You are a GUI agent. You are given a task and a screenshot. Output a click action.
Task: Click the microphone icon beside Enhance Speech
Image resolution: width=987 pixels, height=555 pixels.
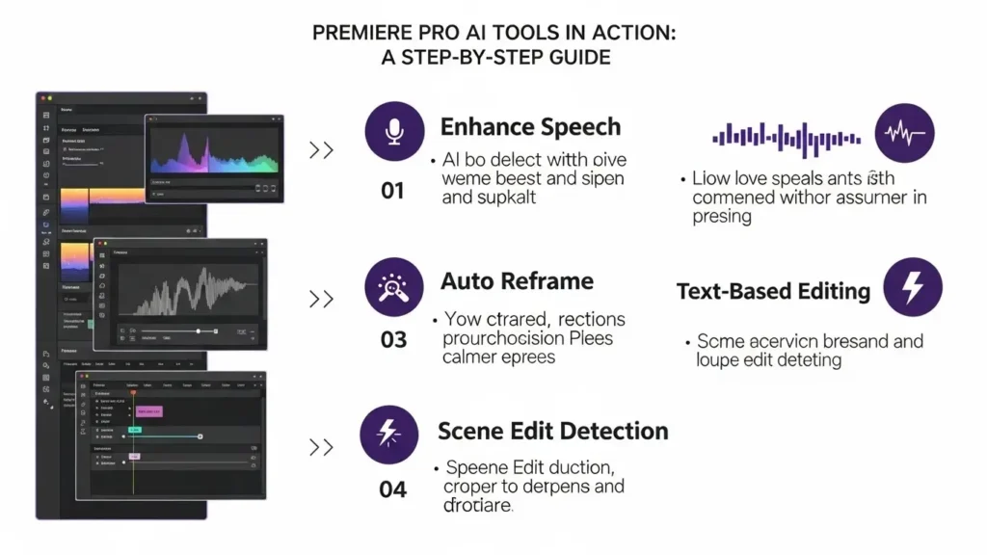coord(393,133)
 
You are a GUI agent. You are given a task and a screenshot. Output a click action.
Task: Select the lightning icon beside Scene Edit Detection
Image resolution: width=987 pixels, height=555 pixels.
coord(388,434)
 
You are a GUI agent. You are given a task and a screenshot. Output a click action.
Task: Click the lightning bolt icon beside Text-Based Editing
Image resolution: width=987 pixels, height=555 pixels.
coord(911,286)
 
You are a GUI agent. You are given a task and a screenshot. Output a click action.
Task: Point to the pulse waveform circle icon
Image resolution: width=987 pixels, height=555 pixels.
coord(905,134)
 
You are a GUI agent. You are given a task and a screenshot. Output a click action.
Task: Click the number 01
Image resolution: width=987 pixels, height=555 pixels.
coord(392,191)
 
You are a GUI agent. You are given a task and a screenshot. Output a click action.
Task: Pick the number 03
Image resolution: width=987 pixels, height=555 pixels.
coord(393,340)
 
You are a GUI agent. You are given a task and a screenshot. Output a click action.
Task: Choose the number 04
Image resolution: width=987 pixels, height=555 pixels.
coord(392,489)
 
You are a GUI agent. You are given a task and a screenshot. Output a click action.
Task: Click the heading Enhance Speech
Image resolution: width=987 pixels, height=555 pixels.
coord(530,127)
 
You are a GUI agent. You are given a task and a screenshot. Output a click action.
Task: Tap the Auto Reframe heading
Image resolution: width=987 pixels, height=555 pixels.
coord(517,281)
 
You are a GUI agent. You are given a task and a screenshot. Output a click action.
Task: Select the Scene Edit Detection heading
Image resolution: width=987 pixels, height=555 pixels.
coord(552,430)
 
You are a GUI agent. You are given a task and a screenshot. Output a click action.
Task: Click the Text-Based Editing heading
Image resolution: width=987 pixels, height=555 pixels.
coord(773,291)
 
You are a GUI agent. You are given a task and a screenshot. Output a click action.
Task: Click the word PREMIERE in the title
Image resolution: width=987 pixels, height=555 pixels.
coord(360,33)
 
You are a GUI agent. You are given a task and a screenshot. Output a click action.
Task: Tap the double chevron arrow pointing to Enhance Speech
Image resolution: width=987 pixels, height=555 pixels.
coord(321,150)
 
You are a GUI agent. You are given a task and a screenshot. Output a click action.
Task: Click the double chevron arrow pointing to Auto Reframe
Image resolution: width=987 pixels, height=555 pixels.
coord(321,299)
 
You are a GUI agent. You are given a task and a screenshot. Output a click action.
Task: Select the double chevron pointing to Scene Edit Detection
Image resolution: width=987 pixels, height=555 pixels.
coord(321,447)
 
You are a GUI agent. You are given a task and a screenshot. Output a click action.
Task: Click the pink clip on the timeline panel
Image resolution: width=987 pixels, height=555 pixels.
coord(149,411)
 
